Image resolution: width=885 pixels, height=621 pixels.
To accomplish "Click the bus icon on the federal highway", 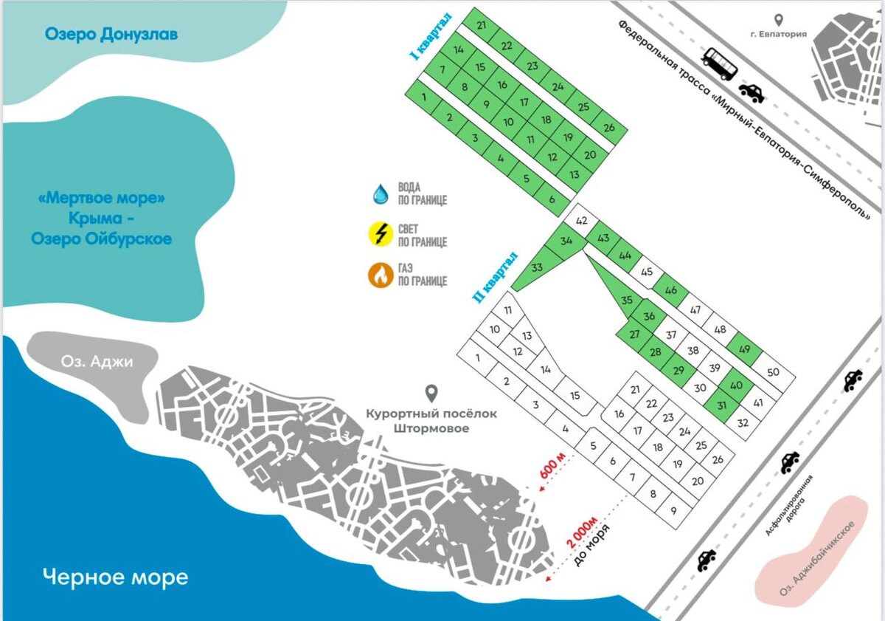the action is (719, 64).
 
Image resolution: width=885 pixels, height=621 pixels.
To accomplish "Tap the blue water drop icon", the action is (381, 194).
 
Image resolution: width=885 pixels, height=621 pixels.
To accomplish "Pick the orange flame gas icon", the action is (381, 275).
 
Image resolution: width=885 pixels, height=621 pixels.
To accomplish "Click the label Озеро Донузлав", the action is (111, 34).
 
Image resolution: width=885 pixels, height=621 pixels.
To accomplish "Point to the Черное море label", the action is (115, 576).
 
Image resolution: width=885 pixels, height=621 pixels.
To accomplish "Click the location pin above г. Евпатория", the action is (779, 20).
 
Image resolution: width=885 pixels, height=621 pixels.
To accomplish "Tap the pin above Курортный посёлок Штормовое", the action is (431, 393).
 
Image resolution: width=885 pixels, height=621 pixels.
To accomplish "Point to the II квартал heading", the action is (496, 278).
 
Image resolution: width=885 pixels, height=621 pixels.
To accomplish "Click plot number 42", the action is (581, 221).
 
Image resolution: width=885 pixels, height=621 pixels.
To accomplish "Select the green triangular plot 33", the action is (535, 269).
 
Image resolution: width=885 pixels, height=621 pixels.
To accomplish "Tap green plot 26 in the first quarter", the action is (609, 127).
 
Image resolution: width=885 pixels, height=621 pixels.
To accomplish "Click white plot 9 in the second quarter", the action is (673, 510).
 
